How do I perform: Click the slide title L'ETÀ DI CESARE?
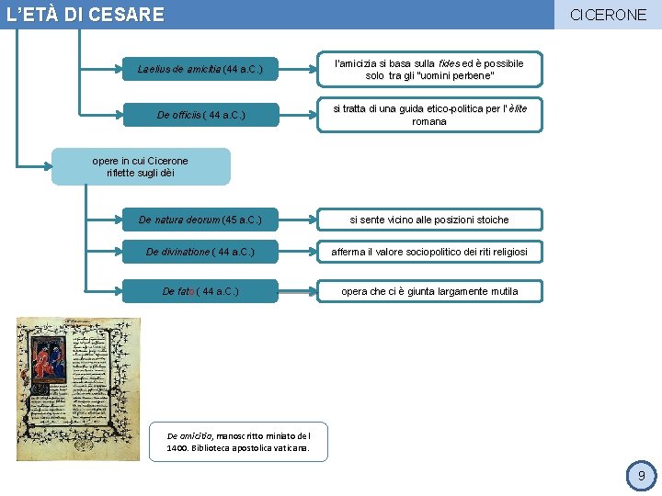pyautogui.click(x=85, y=15)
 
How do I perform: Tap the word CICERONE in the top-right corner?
pyautogui.click(x=608, y=15)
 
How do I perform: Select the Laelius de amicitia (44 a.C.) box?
pyautogui.click(x=200, y=69)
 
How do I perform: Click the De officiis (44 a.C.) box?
pyautogui.click(x=200, y=115)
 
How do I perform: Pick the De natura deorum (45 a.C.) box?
pyautogui.click(x=200, y=220)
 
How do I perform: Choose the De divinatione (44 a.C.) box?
pyautogui.click(x=200, y=251)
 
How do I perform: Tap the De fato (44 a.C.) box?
pyautogui.click(x=200, y=291)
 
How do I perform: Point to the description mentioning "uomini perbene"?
pyautogui.click(x=429, y=69)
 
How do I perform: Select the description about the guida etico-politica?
pyautogui.click(x=429, y=115)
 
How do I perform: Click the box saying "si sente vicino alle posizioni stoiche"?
pyautogui.click(x=429, y=220)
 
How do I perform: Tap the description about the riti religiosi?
pyautogui.click(x=429, y=251)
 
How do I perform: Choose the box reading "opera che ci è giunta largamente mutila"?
pyautogui.click(x=429, y=291)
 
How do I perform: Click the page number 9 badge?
pyautogui.click(x=641, y=476)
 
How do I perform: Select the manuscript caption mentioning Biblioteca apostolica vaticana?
pyautogui.click(x=238, y=442)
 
